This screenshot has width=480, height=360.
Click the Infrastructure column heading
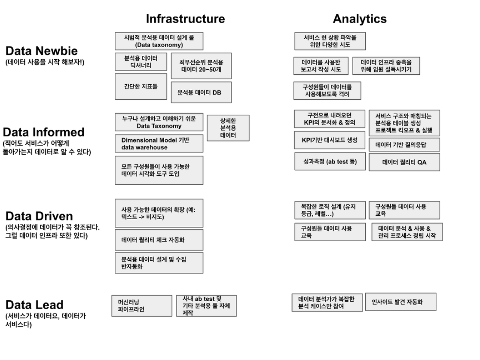pyautogui.click(x=185, y=18)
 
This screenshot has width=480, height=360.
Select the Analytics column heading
pyautogui.click(x=360, y=18)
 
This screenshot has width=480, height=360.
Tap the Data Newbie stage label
pyautogui.click(x=38, y=50)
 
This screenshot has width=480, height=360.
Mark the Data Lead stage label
pyautogui.click(x=34, y=305)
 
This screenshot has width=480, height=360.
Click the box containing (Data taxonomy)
pyautogui.click(x=159, y=41)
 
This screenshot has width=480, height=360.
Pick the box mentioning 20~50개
pyautogui.click(x=201, y=65)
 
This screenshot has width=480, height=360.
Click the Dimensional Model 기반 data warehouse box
pyautogui.click(x=159, y=144)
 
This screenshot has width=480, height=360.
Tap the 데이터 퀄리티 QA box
pyautogui.click(x=404, y=162)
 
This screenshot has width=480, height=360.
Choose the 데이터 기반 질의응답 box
pyautogui.click(x=404, y=144)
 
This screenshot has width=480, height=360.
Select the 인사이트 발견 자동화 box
pyautogui.click(x=401, y=302)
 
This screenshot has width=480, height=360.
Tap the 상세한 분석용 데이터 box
pyautogui.click(x=228, y=128)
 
